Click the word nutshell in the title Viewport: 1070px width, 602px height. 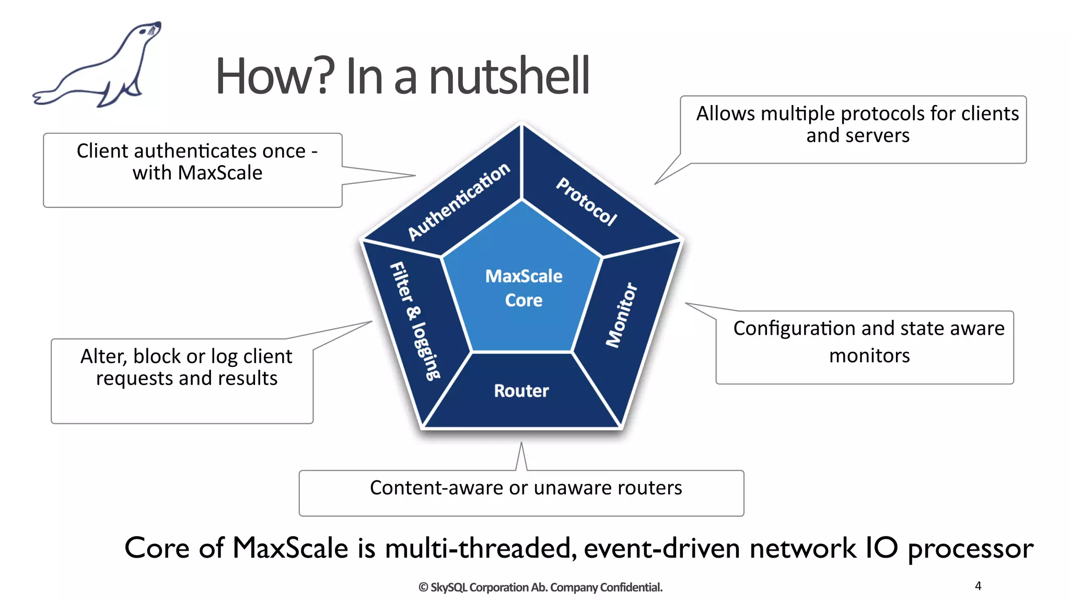(509, 76)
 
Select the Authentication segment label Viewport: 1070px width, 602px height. (458, 201)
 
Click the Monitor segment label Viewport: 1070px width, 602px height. (622, 315)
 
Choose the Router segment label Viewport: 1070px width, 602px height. (521, 391)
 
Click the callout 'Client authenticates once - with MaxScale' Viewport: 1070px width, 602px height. (197, 161)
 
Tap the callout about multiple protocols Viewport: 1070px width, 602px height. (857, 124)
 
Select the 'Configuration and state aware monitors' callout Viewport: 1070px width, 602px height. (869, 342)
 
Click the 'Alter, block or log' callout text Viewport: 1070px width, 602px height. (187, 367)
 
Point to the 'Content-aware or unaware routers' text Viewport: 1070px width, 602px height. (526, 488)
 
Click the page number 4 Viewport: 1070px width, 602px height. (978, 586)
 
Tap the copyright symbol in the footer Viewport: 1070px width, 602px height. (423, 587)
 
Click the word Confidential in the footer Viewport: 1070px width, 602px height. (631, 587)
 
